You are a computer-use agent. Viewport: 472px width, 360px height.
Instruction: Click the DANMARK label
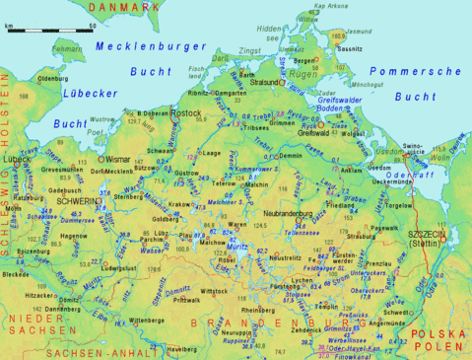point(126,8)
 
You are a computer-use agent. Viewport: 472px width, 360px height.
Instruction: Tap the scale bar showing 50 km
point(49,31)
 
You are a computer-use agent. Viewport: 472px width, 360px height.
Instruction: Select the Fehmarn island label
point(67,47)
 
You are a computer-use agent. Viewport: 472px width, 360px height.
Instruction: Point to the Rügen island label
point(303,73)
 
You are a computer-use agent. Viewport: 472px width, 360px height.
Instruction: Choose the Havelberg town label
point(181,349)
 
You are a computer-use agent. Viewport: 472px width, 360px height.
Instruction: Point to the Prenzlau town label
point(378,263)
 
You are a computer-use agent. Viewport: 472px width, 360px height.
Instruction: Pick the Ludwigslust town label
point(118,267)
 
